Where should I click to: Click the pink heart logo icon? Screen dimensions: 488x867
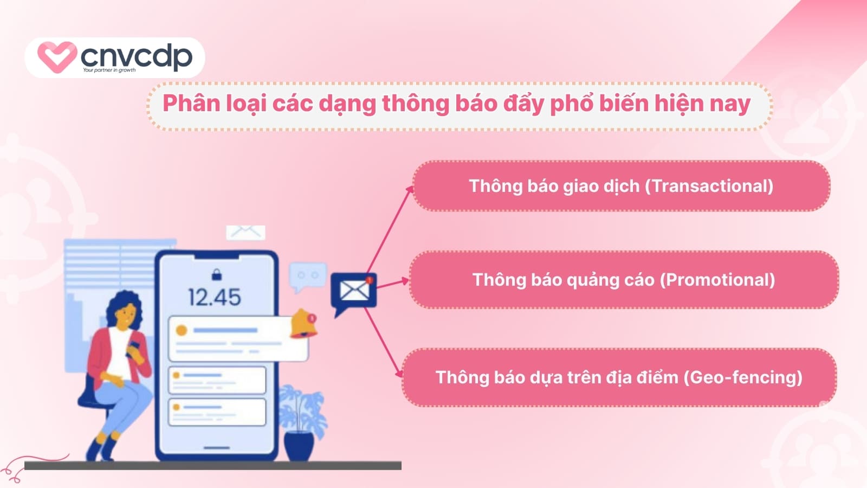click(56, 56)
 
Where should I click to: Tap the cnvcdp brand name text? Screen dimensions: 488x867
click(137, 55)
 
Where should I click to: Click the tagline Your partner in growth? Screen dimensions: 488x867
click(109, 70)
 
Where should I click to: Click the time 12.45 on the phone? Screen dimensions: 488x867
click(215, 297)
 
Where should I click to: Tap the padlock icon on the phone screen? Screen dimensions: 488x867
click(217, 274)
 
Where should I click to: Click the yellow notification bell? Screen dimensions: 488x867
click(302, 324)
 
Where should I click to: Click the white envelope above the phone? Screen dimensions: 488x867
click(245, 232)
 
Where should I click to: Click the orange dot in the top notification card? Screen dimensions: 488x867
click(182, 330)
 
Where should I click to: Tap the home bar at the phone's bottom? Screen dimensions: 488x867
click(217, 448)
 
